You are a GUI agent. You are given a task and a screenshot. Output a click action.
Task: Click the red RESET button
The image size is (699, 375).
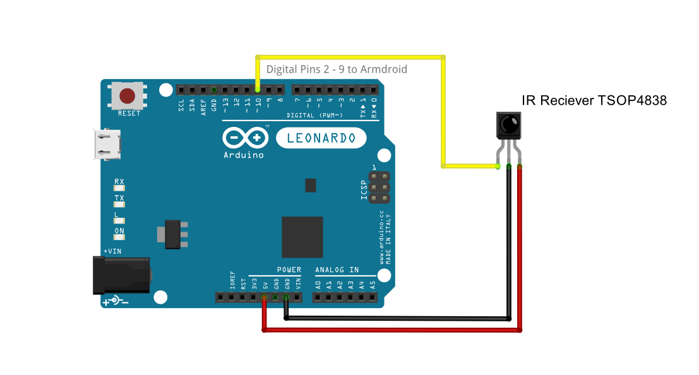pyautogui.click(x=128, y=96)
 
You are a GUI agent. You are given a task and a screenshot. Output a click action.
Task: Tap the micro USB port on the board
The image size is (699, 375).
pyautogui.click(x=107, y=144)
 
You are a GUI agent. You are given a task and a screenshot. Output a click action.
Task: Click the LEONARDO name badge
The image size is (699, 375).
pyautogui.click(x=321, y=138)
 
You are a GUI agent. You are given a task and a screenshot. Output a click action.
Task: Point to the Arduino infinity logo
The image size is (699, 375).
pyautogui.click(x=243, y=138)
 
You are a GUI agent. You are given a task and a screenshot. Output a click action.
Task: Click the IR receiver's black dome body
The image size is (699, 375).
pyautogui.click(x=509, y=124)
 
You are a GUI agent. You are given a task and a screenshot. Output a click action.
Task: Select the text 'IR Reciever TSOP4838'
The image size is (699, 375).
pyautogui.click(x=594, y=100)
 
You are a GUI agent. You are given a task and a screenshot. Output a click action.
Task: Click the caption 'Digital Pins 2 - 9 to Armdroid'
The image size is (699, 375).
pyautogui.click(x=337, y=69)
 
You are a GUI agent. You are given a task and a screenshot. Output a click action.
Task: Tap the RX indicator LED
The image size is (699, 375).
pyautogui.click(x=119, y=188)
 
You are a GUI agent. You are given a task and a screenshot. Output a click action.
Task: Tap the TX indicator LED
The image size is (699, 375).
pyautogui.click(x=119, y=205)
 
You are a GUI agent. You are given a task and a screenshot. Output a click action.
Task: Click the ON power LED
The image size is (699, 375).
pyautogui.click(x=119, y=237)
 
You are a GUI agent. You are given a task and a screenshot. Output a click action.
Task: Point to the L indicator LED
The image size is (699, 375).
pyautogui.click(x=119, y=221)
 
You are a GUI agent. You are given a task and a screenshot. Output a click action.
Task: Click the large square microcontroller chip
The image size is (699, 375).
pyautogui.click(x=302, y=237)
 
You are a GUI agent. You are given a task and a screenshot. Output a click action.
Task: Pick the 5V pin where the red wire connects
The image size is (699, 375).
pyautogui.click(x=264, y=297)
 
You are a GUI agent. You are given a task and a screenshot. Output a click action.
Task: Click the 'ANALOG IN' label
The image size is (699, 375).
pyautogui.click(x=337, y=270)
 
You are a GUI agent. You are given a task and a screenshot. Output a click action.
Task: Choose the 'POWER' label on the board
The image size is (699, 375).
pyautogui.click(x=289, y=270)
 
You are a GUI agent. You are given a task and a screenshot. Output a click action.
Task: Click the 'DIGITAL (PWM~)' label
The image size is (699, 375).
pyautogui.click(x=314, y=116)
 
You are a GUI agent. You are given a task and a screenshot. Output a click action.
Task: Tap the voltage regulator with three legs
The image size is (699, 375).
pyautogui.click(x=172, y=234)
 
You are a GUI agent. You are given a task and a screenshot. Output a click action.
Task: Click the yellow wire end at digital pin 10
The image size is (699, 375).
pyautogui.click(x=258, y=90)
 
